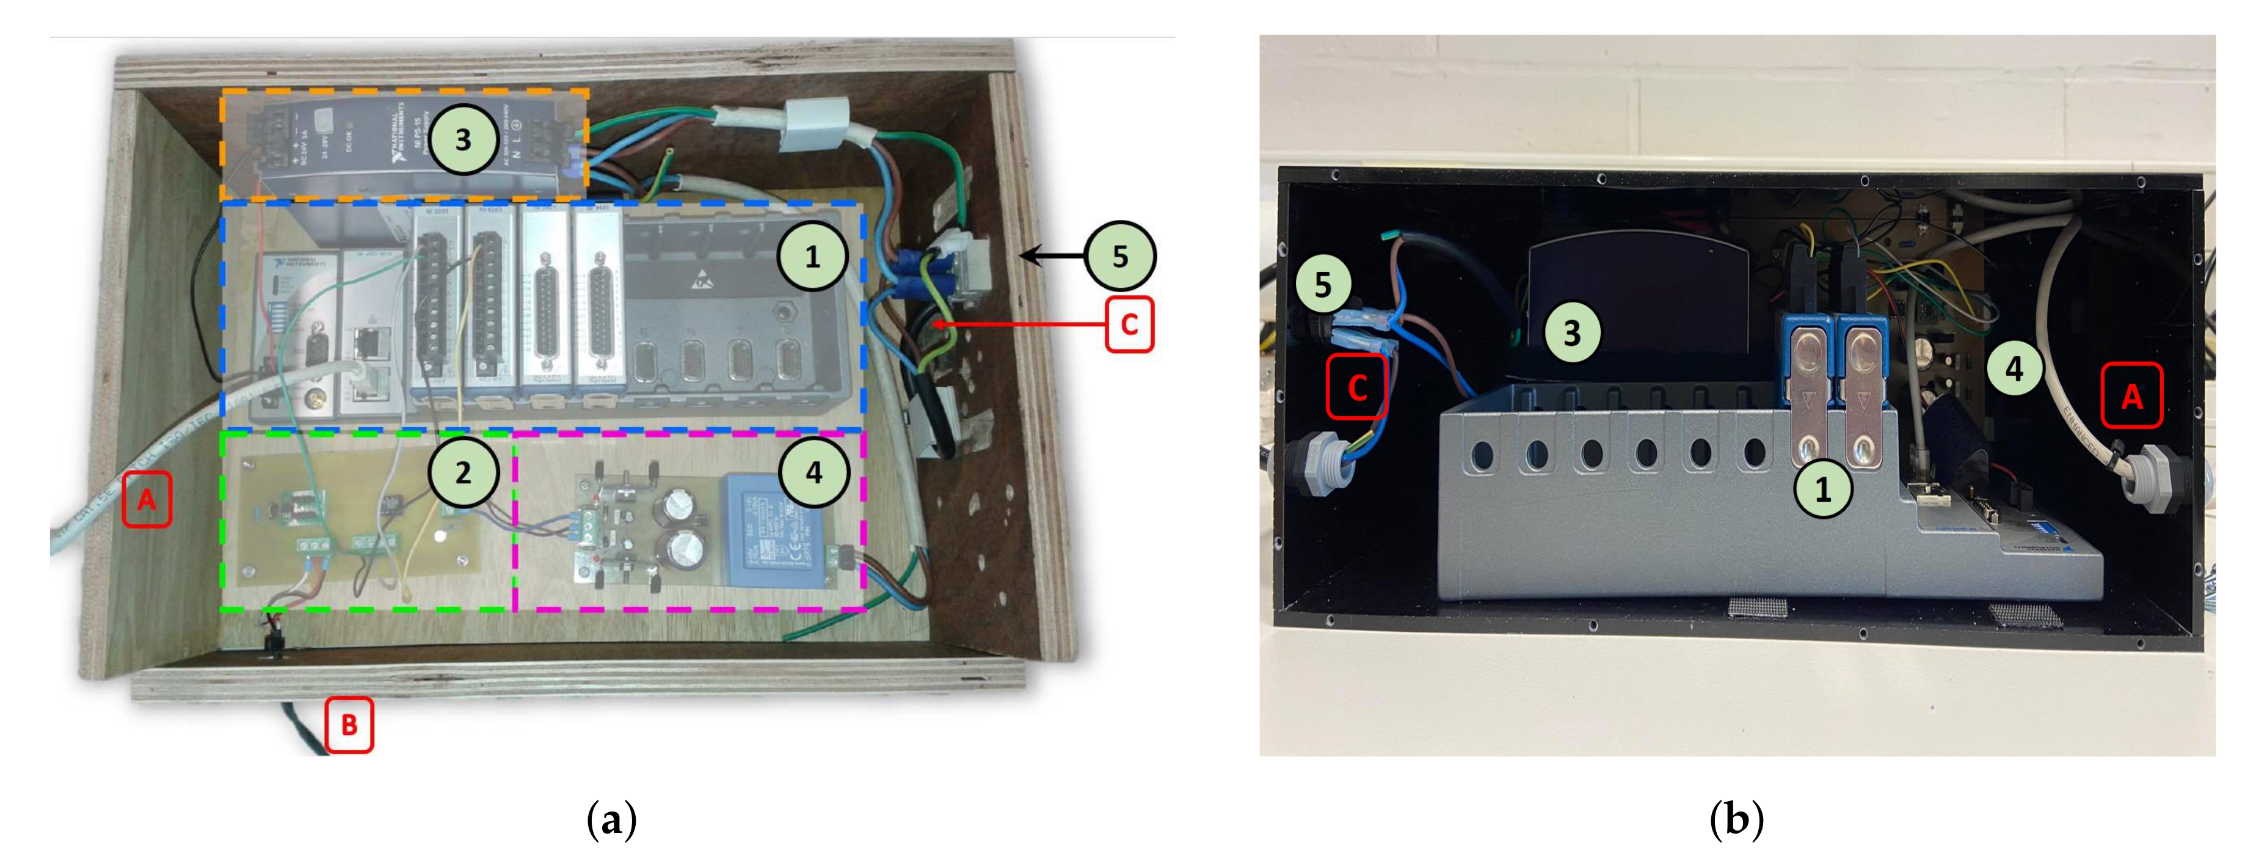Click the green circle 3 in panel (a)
pyautogui.click(x=463, y=139)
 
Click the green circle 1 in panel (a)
pyautogui.click(x=812, y=256)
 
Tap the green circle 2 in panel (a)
pyautogui.click(x=463, y=472)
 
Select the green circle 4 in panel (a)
pyautogui.click(x=813, y=472)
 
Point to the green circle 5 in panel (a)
pyautogui.click(x=1120, y=256)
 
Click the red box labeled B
pyautogui.click(x=349, y=725)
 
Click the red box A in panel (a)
pyautogui.click(x=147, y=500)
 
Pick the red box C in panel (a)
pyautogui.click(x=1129, y=324)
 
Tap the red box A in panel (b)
pyautogui.click(x=2131, y=396)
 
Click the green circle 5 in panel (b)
pyautogui.click(x=1323, y=284)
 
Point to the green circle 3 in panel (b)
pyautogui.click(x=1572, y=332)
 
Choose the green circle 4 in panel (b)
pyautogui.click(x=2014, y=369)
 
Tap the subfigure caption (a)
pyautogui.click(x=612, y=820)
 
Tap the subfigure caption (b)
pyautogui.click(x=1736, y=820)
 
